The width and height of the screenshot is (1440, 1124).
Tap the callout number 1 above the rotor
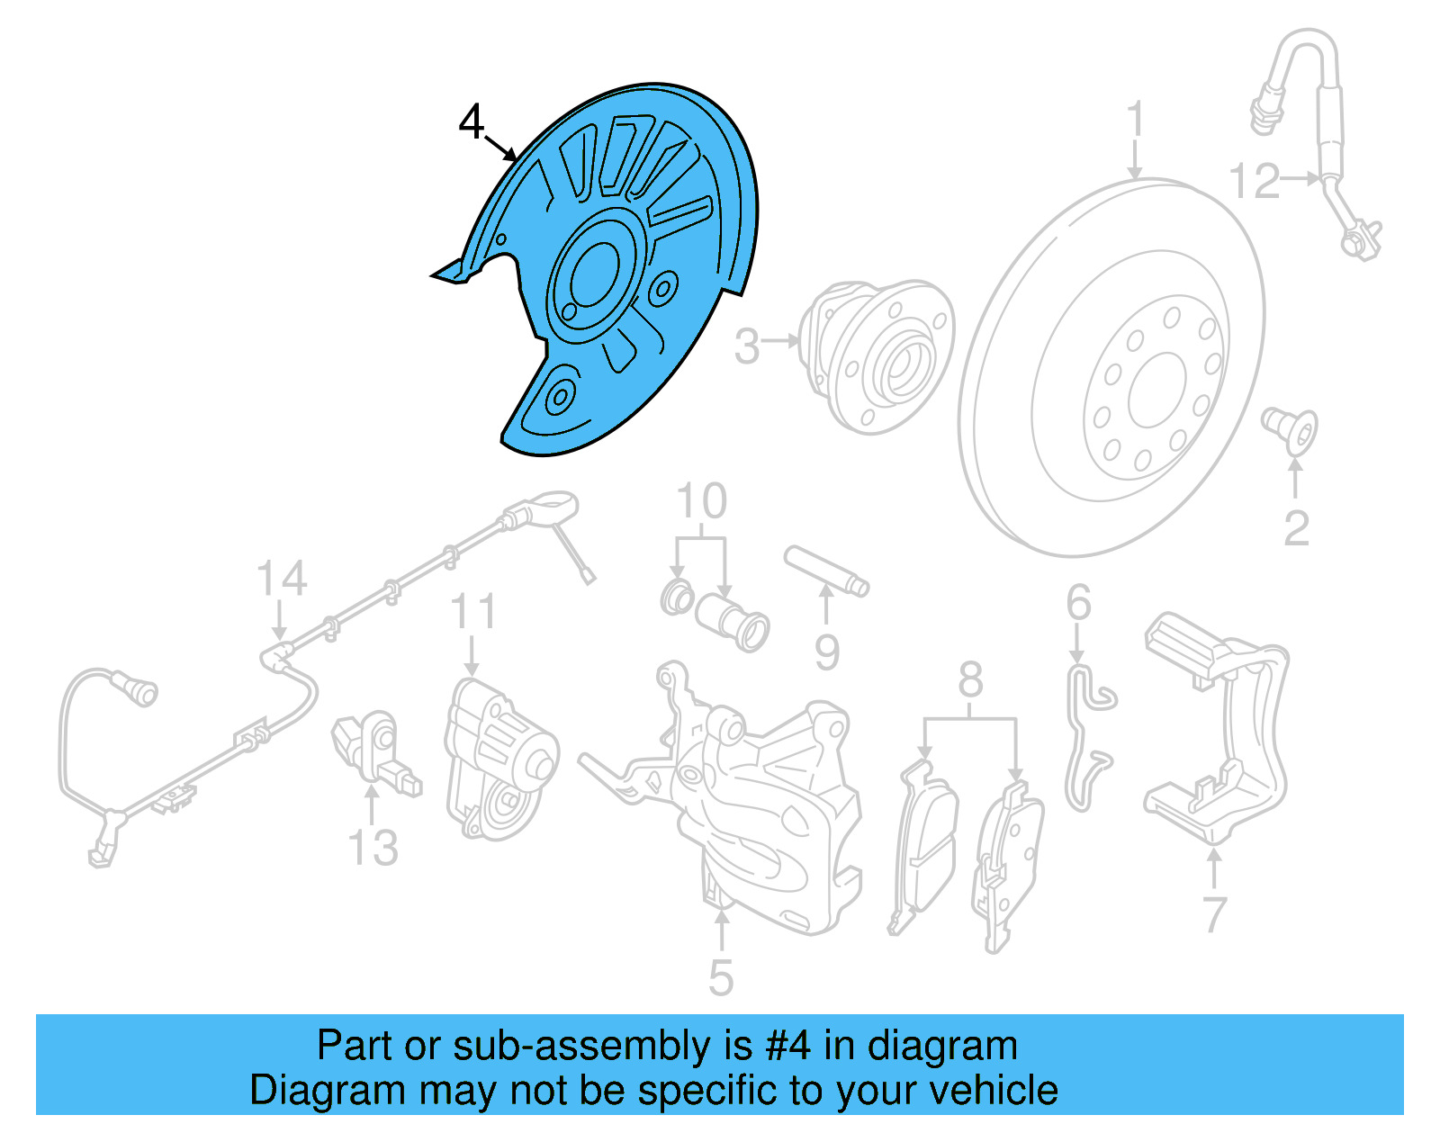(1136, 120)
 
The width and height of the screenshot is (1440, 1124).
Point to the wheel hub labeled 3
(877, 355)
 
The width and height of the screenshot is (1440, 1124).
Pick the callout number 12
(1255, 182)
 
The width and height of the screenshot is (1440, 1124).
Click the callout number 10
(701, 501)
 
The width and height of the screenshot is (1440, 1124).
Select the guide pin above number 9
(825, 570)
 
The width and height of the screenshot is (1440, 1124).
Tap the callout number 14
(282, 579)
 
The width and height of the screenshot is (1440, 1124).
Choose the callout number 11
(473, 612)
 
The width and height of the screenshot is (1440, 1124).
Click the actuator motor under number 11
(499, 760)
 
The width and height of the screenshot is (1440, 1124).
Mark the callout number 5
(721, 977)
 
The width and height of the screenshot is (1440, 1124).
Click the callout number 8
(970, 680)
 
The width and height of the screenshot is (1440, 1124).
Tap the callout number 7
(1215, 914)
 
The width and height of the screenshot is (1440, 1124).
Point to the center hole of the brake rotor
(1157, 390)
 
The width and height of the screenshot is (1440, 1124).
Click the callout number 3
(747, 346)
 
